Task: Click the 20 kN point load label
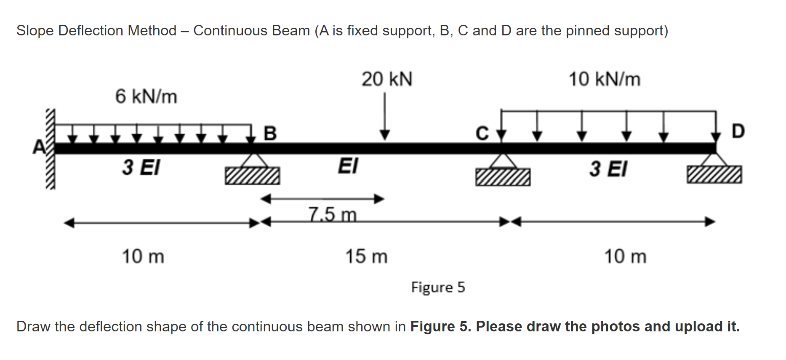pyautogui.click(x=387, y=79)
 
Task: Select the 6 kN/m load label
pyautogui.click(x=146, y=96)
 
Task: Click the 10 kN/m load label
pyautogui.click(x=604, y=79)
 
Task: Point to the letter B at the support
pyautogui.click(x=270, y=133)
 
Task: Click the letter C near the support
pyautogui.click(x=482, y=133)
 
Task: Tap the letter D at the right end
pyautogui.click(x=738, y=131)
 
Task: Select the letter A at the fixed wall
pyautogui.click(x=39, y=147)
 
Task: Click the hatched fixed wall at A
pyautogui.click(x=51, y=149)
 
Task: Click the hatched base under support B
pyautogui.click(x=252, y=176)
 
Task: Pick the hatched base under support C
pyautogui.click(x=503, y=177)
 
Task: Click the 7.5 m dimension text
pyautogui.click(x=332, y=214)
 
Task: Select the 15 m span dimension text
pyautogui.click(x=366, y=256)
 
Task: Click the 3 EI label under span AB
pyautogui.click(x=141, y=167)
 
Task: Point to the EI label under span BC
pyautogui.click(x=348, y=166)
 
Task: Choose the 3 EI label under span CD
pyautogui.click(x=608, y=169)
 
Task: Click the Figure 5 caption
pyautogui.click(x=438, y=287)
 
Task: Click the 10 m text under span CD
pyautogui.click(x=625, y=256)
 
